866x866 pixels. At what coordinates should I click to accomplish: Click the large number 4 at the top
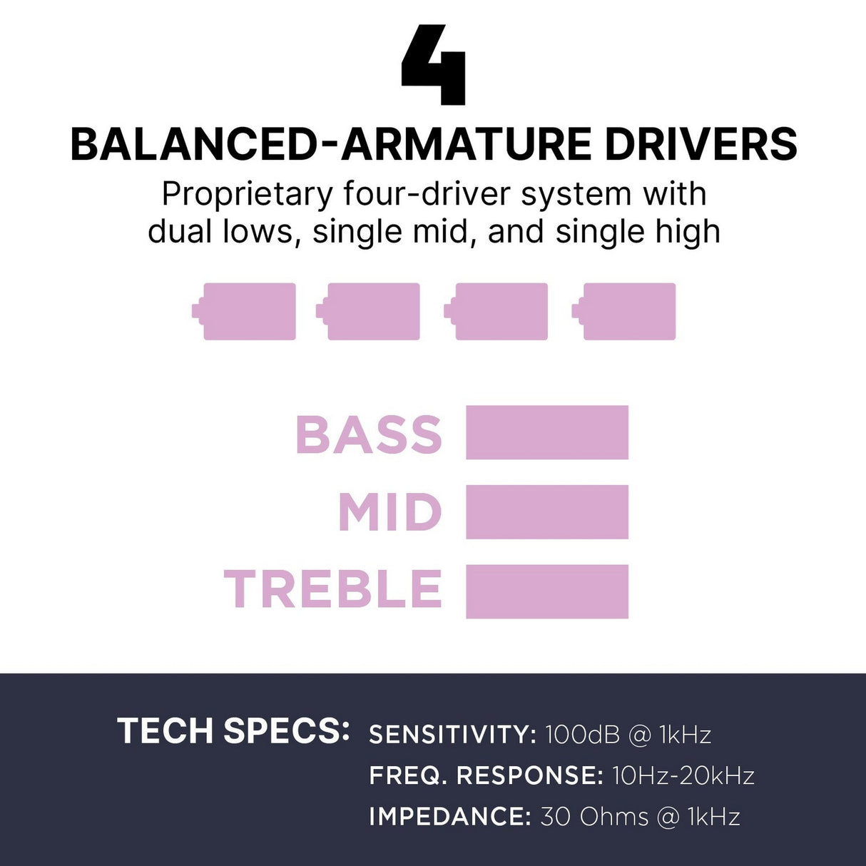coord(433,65)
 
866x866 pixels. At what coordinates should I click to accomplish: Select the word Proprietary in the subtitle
coord(246,195)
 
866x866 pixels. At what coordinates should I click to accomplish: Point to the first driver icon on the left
coord(244,312)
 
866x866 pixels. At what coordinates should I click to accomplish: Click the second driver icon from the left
coord(368,312)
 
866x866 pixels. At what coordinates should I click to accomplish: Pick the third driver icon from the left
coord(496,312)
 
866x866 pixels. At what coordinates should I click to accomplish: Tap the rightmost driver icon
coord(623,312)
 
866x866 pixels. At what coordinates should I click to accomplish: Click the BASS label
coord(369,434)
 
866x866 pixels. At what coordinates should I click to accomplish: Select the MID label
coord(389,512)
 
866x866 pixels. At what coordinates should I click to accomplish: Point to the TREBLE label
coord(332,589)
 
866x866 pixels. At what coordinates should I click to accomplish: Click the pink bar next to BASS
coord(547,432)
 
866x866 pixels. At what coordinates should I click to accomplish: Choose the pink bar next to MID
coord(547,512)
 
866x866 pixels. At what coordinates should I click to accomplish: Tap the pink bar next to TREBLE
coord(547,591)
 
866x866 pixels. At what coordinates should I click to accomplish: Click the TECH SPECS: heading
coord(233,730)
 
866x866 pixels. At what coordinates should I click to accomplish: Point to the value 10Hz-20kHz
coord(683,775)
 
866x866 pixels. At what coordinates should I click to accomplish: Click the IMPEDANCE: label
coord(450,817)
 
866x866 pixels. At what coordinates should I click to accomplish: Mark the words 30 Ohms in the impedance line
coord(594,817)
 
